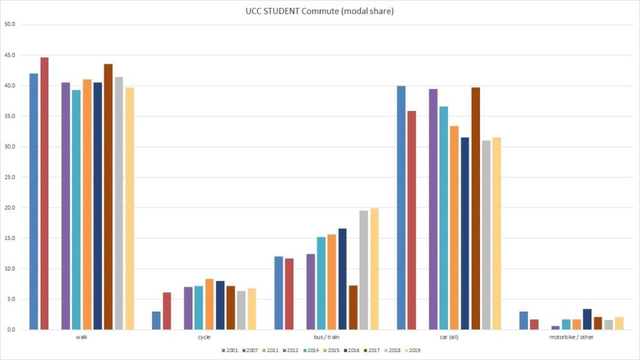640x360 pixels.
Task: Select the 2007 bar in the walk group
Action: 44,194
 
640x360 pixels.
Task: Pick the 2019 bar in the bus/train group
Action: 374,269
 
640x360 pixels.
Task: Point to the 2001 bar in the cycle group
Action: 156,321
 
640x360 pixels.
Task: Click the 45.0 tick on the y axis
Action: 10,55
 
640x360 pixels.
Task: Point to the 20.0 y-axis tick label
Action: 10,208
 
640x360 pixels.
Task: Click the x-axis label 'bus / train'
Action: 326,337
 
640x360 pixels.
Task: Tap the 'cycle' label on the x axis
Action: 204,337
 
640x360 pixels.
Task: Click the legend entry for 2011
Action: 271,350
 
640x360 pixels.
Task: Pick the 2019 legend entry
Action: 412,350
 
